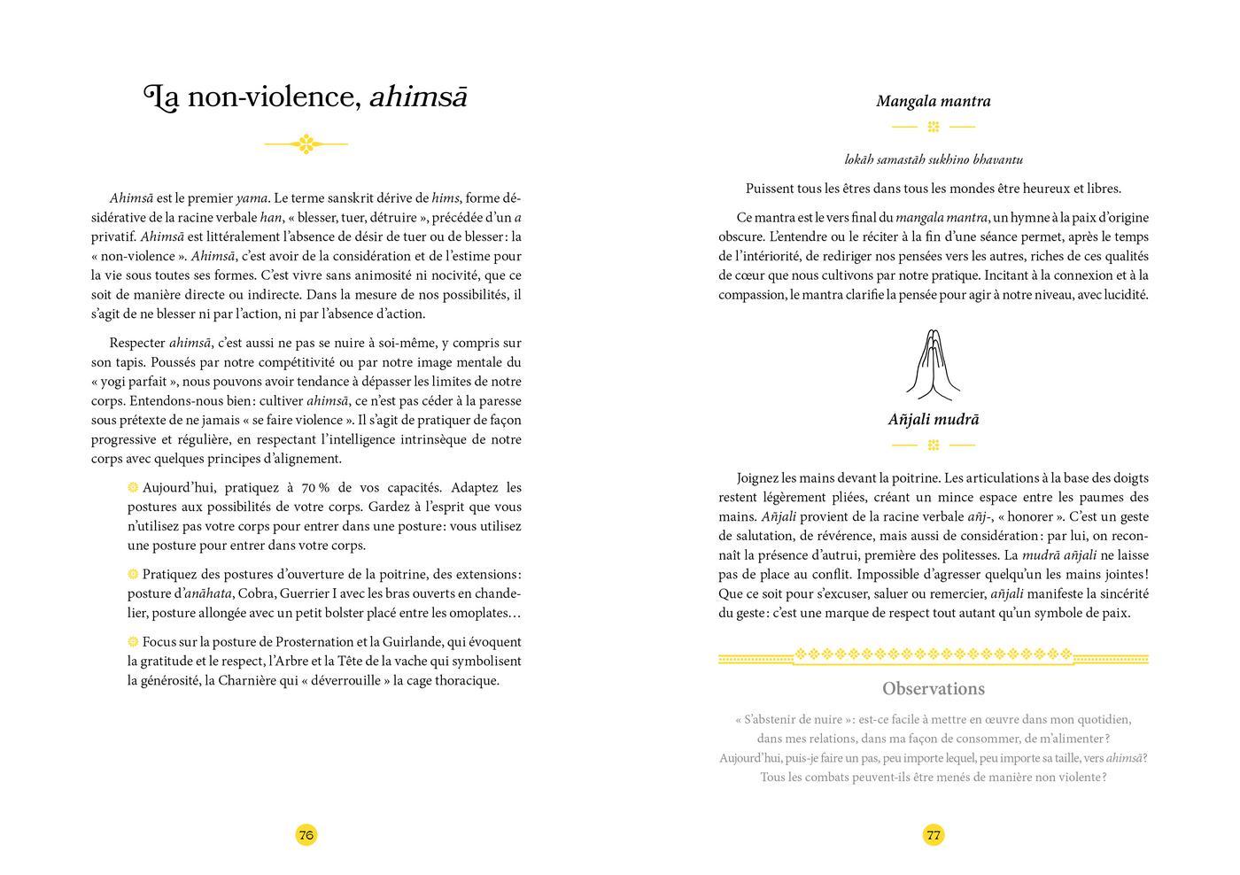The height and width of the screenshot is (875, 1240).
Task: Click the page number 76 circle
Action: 306,834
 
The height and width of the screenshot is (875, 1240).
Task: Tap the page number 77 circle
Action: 934,834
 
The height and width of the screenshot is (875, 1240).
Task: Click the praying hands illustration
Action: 933,364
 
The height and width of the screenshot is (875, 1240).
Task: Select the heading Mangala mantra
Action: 934,101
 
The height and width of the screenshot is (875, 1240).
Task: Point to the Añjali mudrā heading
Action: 934,420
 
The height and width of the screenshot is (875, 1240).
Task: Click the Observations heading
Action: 934,688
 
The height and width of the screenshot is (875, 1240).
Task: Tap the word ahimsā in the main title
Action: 417,97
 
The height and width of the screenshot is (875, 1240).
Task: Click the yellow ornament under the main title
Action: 306,143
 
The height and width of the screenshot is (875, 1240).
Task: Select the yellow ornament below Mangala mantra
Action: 934,127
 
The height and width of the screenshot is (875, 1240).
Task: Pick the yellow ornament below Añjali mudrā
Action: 934,445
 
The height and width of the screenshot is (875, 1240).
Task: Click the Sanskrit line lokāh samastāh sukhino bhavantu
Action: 934,159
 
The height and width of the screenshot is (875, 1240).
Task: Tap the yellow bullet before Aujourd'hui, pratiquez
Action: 133,487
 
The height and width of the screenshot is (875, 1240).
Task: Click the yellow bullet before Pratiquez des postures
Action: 133,574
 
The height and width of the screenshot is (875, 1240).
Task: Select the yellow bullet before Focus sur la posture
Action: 133,641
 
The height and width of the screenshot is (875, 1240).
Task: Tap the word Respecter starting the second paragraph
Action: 136,343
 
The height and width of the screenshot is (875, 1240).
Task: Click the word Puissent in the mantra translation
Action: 771,189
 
